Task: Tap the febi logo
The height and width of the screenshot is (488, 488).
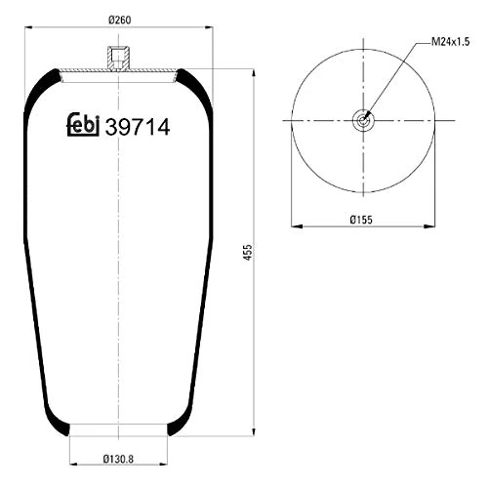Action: tap(83, 125)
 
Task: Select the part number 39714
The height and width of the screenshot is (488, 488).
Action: tap(137, 125)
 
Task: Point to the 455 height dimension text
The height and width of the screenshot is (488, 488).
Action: tap(264, 253)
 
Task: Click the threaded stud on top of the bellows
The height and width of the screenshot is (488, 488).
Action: tap(119, 59)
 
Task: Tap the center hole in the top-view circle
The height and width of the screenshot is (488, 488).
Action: tap(363, 120)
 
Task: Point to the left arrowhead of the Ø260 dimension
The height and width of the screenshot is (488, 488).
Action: tap(27, 29)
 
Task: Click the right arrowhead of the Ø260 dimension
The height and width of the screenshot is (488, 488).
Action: tap(212, 29)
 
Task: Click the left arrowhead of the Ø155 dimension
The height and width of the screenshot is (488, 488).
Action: tap(294, 227)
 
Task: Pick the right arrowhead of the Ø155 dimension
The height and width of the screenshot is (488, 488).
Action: tap(432, 227)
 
